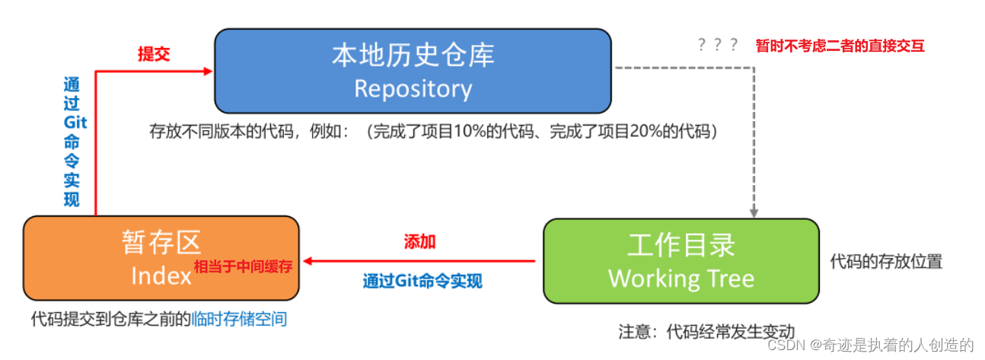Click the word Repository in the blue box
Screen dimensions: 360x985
(x=413, y=89)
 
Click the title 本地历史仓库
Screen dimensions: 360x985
(x=413, y=55)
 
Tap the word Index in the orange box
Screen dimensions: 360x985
(x=161, y=276)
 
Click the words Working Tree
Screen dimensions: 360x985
(x=681, y=278)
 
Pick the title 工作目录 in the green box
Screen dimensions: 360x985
(x=681, y=245)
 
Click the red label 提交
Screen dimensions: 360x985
(x=153, y=54)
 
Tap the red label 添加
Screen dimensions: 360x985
(x=419, y=242)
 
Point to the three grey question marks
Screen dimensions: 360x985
(x=717, y=45)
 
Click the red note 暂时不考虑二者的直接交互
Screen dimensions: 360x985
(x=840, y=46)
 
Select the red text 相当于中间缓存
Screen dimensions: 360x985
(x=244, y=266)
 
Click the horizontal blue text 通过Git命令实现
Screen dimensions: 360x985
(x=422, y=281)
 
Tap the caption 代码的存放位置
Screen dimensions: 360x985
(x=886, y=262)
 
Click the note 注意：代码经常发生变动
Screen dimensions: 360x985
(x=706, y=332)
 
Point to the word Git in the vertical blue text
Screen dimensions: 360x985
(x=75, y=123)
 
